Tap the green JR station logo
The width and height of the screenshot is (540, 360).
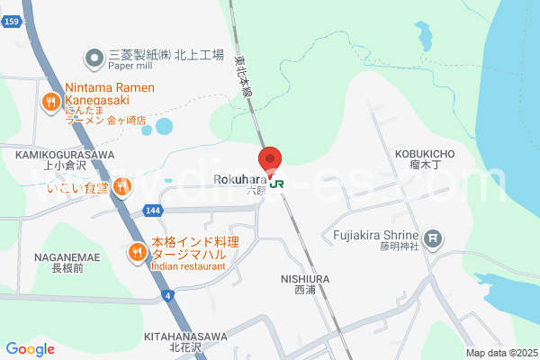[x=276, y=184]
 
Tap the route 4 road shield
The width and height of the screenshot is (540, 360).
[x=167, y=295]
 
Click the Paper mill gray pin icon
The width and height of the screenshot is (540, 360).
[x=94, y=60]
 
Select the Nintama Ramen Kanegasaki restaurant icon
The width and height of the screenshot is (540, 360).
[x=51, y=102]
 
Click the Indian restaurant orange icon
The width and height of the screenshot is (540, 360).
[x=137, y=251]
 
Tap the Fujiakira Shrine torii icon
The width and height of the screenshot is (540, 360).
[x=435, y=238]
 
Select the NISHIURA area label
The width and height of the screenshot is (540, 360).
[x=305, y=279]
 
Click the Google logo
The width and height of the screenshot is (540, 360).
[x=30, y=349]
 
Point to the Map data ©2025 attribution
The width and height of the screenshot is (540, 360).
[x=500, y=353]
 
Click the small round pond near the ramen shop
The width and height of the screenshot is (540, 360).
[x=164, y=127]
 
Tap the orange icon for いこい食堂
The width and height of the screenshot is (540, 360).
[x=122, y=187]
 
